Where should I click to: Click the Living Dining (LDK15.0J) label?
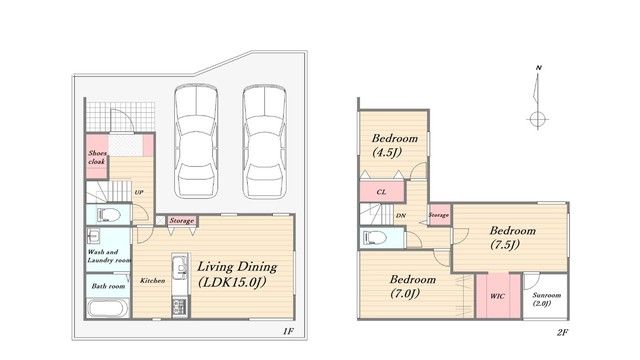tap(237, 274)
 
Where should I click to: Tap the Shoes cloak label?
tap(97, 158)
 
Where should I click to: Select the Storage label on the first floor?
tap(182, 220)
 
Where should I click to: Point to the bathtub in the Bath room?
tap(108, 308)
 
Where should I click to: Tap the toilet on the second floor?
tap(375, 237)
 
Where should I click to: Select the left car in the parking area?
tap(196, 141)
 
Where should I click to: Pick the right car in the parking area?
tap(264, 141)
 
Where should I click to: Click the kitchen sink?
tap(179, 267)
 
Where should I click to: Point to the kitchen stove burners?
tap(179, 307)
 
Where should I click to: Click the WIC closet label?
tap(497, 296)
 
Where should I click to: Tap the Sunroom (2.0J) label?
tap(546, 299)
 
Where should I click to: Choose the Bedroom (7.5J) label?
tap(513, 237)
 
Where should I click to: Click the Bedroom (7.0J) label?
tap(413, 286)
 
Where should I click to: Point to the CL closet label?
tap(381, 191)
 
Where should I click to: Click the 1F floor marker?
tap(288, 331)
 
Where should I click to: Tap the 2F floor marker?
tap(562, 332)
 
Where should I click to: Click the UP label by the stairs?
tap(139, 192)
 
